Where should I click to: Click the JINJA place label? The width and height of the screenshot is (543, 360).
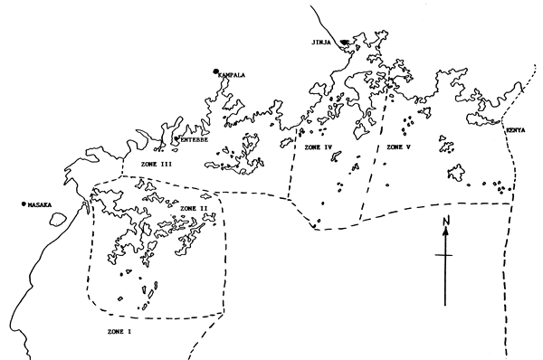point(322,42)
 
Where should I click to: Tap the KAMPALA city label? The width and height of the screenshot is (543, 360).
point(233,76)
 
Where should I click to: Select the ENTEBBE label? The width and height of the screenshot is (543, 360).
point(195,140)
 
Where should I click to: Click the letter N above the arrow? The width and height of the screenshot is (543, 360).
point(446,221)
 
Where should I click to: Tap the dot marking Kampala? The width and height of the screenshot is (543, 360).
point(216,71)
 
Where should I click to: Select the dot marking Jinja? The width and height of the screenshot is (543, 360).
point(343,42)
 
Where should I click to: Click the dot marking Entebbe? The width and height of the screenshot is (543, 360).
point(176,139)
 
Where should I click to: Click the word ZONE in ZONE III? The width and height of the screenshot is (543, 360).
point(149,164)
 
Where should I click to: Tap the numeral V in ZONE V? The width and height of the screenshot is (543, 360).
point(409,147)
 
